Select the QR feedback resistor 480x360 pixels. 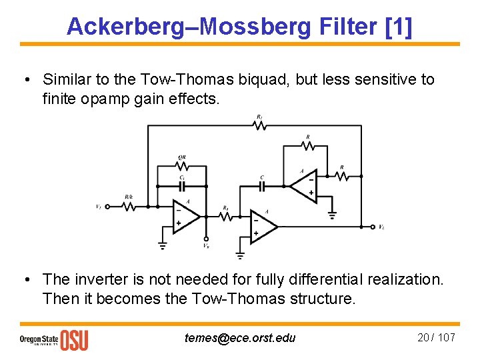tap(181, 167)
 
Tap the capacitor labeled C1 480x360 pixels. tap(181, 186)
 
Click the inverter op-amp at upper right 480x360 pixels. tap(302, 186)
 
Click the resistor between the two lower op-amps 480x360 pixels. tap(226, 216)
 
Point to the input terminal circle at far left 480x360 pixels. tap(107, 207)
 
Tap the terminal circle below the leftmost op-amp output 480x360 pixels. tap(206, 239)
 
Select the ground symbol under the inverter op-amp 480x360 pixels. tap(332, 215)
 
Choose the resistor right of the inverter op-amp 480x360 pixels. tap(341, 176)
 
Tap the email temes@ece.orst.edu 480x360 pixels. tap(239, 337)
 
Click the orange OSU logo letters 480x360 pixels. tap(74, 339)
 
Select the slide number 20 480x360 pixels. tap(423, 337)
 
